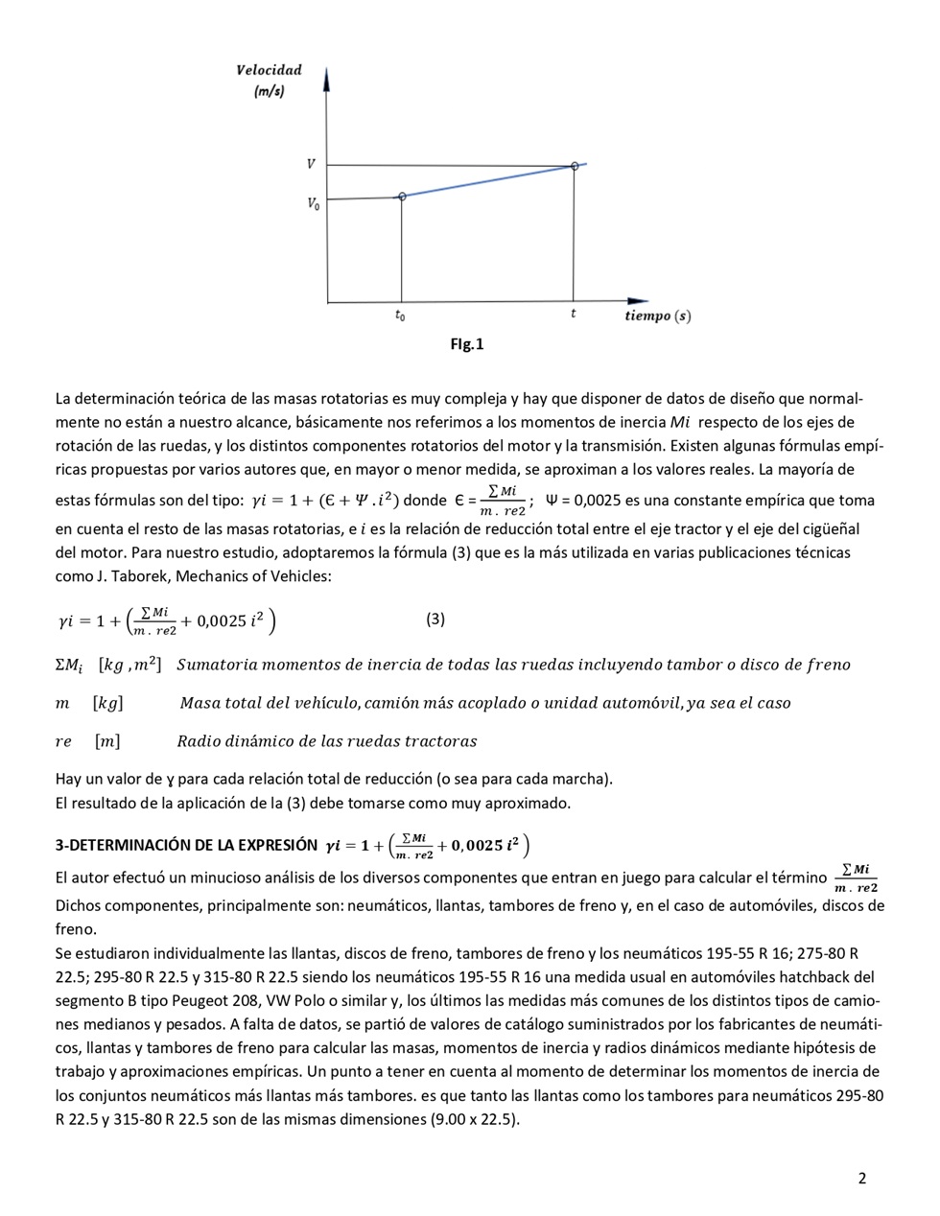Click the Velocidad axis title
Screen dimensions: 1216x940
269,70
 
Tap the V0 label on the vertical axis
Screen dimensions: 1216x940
313,203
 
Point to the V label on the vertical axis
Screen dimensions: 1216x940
311,164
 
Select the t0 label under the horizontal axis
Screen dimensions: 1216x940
400,316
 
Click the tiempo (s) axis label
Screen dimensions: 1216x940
657,316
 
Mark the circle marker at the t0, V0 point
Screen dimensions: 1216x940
402,196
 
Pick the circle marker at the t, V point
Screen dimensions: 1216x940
575,166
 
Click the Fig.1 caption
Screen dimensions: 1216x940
467,344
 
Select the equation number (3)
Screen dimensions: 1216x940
435,619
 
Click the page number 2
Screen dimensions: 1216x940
861,1179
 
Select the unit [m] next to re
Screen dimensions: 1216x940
107,740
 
